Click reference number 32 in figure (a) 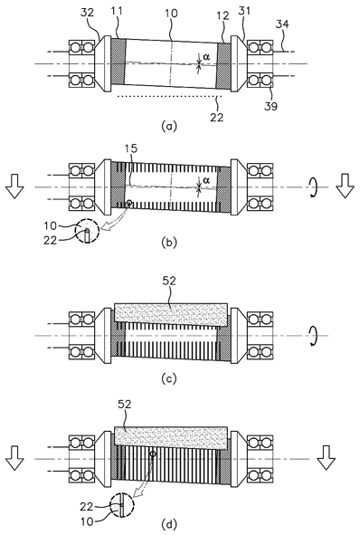[87, 13]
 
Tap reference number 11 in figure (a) [116, 13]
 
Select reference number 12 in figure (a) [223, 16]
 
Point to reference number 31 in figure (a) [244, 11]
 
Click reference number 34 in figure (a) [282, 24]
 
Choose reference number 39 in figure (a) [271, 106]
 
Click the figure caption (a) [169, 126]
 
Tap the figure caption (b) [169, 243]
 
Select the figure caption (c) [169, 378]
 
